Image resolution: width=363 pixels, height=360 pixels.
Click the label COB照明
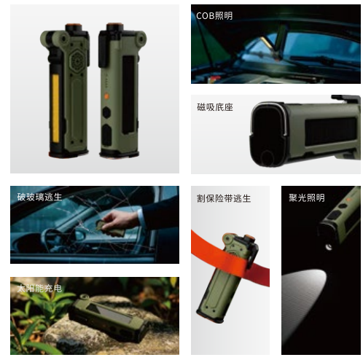point(214,16)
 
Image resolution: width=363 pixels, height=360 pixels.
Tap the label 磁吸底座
point(215,107)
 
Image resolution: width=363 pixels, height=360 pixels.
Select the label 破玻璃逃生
point(39,197)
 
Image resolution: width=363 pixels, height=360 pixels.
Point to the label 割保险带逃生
point(224,198)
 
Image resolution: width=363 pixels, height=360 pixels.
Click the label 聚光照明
point(307,197)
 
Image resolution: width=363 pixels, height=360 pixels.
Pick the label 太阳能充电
point(39,289)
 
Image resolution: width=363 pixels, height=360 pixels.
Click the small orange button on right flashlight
point(106,96)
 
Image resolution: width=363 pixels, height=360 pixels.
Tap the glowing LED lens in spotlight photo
point(329,247)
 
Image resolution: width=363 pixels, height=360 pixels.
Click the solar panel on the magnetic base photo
point(330,131)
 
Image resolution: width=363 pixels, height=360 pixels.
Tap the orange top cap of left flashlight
point(72,25)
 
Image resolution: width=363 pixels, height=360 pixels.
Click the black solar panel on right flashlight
point(128,95)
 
